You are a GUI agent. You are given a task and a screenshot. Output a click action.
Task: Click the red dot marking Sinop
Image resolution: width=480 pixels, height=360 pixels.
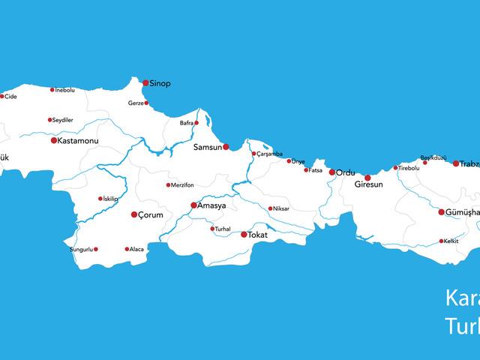pyautogui.click(x=145, y=83)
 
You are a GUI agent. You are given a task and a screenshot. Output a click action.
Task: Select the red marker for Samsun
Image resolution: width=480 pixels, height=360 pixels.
pyautogui.click(x=226, y=147)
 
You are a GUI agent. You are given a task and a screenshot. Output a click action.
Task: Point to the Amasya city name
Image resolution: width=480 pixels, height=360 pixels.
pyautogui.click(x=211, y=205)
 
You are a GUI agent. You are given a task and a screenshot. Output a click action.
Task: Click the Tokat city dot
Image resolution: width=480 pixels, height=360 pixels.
pyautogui.click(x=244, y=235)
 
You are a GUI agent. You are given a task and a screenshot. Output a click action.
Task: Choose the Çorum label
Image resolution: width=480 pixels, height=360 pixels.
pyautogui.click(x=151, y=214)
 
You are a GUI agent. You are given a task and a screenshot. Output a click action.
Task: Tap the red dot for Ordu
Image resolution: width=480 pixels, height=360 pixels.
pyautogui.click(x=331, y=172)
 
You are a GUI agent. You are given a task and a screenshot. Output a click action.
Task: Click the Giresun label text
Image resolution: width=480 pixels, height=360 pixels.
pyautogui.click(x=368, y=184)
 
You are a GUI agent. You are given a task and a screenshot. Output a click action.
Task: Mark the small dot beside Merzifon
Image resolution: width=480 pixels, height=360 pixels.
pyautogui.click(x=168, y=185)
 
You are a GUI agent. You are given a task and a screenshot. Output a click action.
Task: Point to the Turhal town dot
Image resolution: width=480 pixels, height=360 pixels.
pyautogui.click(x=212, y=229)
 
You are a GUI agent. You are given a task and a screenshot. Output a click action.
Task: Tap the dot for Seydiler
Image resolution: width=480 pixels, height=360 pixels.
pyautogui.click(x=50, y=120)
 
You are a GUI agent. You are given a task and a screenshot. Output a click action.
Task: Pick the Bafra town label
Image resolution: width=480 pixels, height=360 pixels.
pyautogui.click(x=187, y=123)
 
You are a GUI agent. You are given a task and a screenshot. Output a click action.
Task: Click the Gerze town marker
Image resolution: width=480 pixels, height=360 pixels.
pyautogui.click(x=146, y=103)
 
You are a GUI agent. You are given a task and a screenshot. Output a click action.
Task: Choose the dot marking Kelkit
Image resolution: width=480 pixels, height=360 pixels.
pyautogui.click(x=441, y=241)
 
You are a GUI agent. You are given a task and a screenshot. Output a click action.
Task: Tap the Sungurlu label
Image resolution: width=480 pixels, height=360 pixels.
pyautogui.click(x=80, y=249)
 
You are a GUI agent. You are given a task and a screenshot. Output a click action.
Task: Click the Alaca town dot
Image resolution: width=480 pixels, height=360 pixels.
pyautogui.click(x=127, y=249)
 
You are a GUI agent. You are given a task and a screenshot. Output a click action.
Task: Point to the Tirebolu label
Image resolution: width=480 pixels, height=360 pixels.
pyautogui.click(x=409, y=168)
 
